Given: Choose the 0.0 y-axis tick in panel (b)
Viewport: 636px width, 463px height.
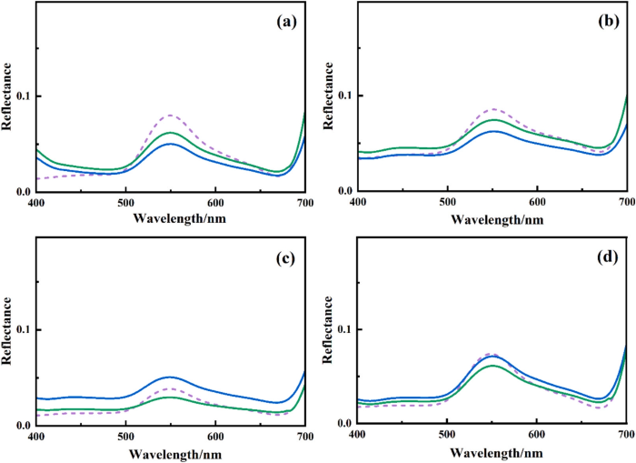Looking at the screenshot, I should point(344,191).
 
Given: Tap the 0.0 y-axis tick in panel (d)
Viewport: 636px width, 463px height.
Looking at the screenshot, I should point(344,424).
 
